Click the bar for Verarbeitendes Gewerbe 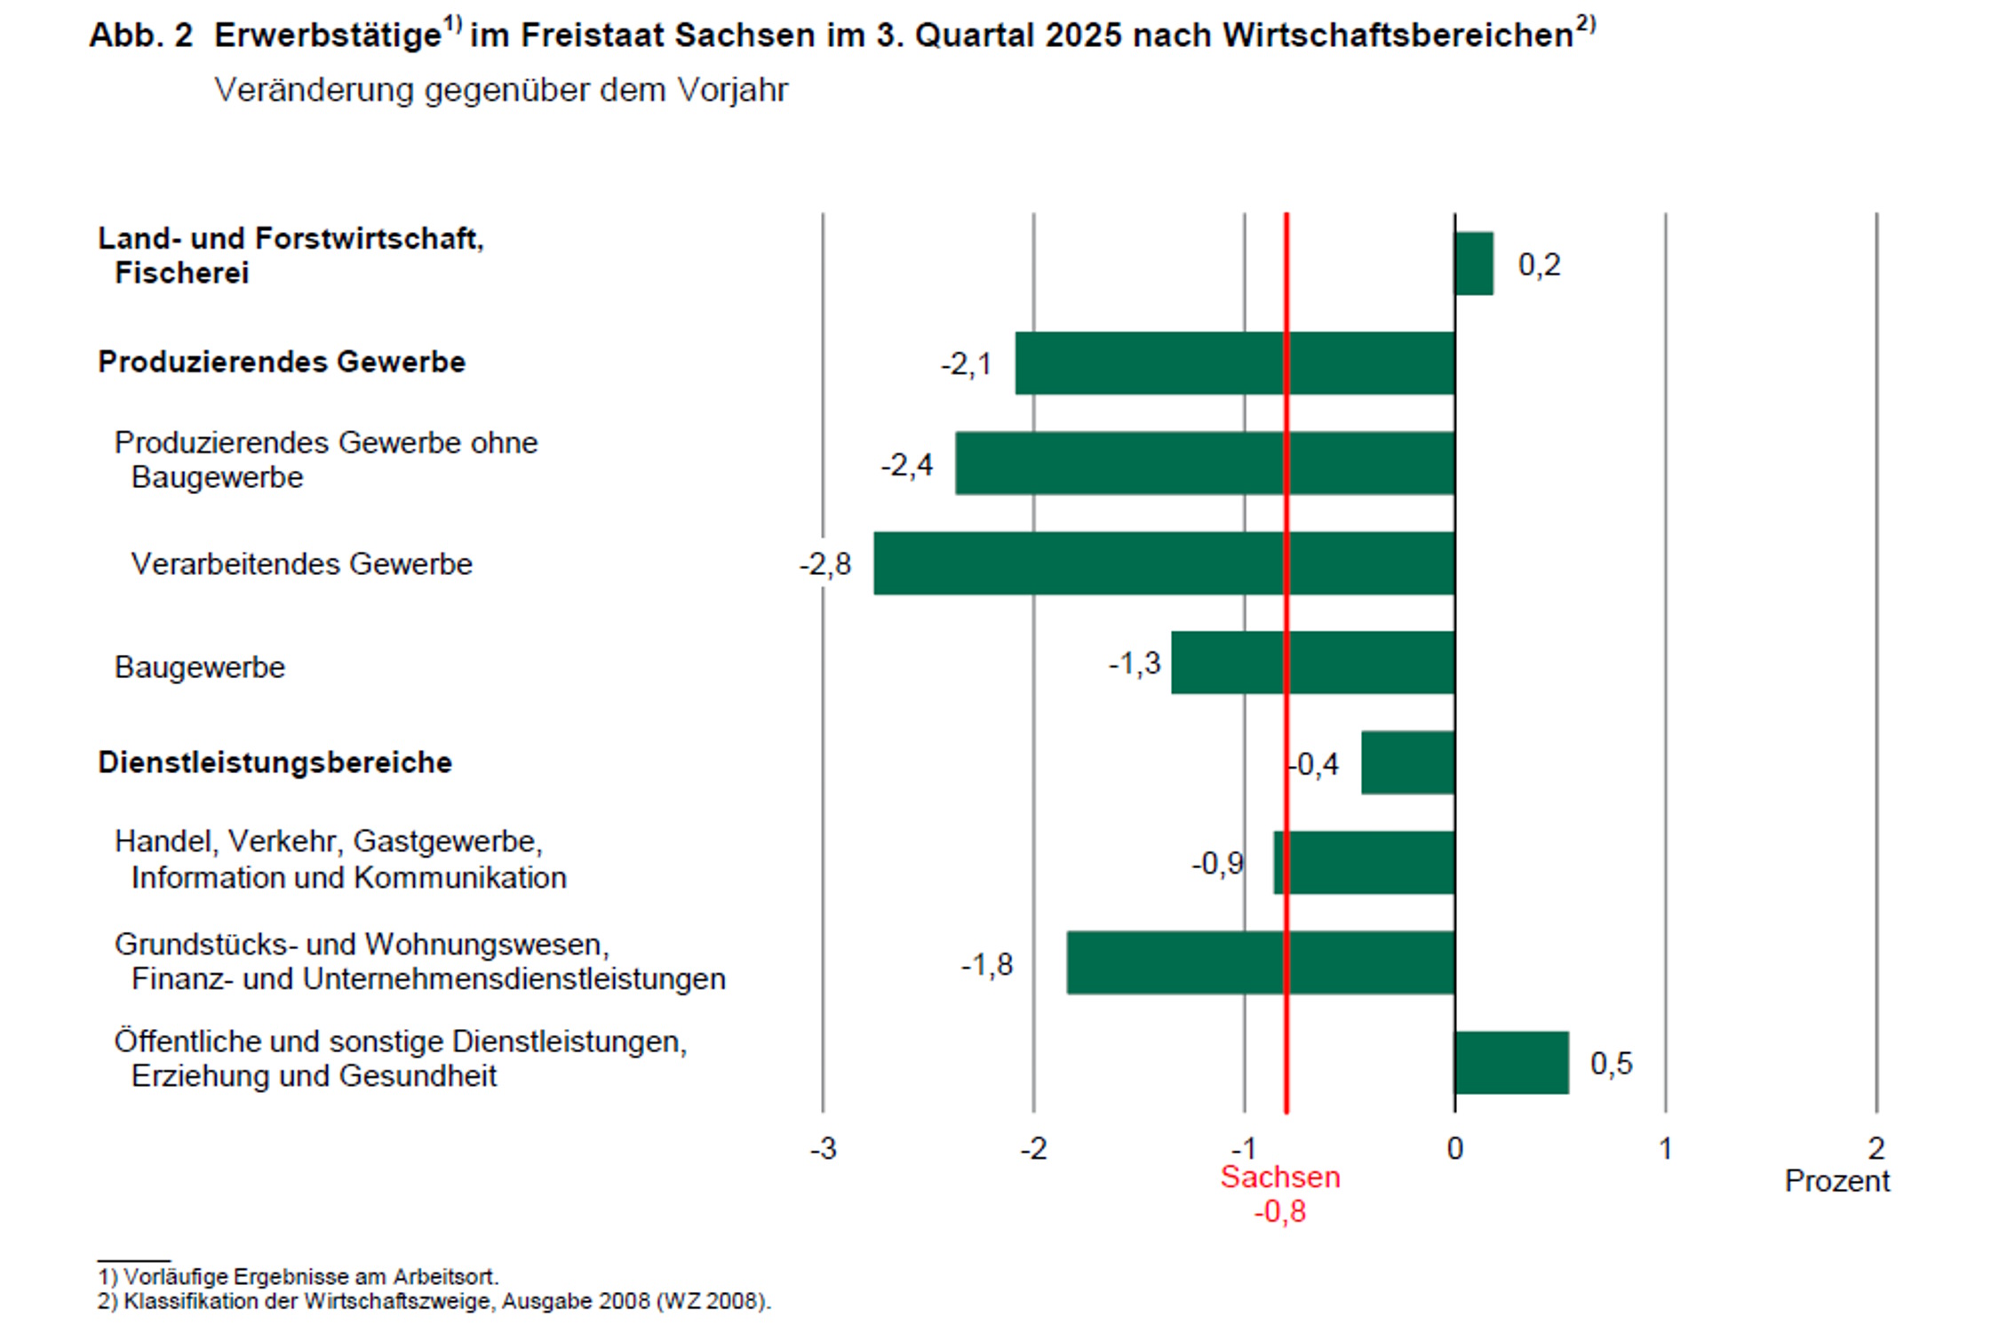tap(1164, 563)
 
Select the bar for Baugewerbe tap(1312, 663)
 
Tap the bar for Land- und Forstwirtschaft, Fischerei tap(1474, 264)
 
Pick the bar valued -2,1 tap(1235, 363)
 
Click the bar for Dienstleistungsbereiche tap(1407, 762)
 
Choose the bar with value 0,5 tap(1511, 1063)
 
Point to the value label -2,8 tap(825, 564)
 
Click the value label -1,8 tap(987, 965)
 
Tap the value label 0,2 tap(1539, 265)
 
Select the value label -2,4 tap(907, 465)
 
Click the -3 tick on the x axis tap(824, 1149)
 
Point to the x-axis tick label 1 tap(1666, 1149)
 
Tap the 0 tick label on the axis tap(1454, 1149)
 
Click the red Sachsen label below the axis tap(1280, 1177)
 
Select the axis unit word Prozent tap(1837, 1182)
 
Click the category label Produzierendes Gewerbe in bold tap(282, 363)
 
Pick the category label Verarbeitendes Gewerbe tap(302, 564)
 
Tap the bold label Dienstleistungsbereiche tap(275, 762)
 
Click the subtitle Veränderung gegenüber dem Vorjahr tap(501, 91)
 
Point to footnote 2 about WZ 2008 tap(434, 1302)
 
